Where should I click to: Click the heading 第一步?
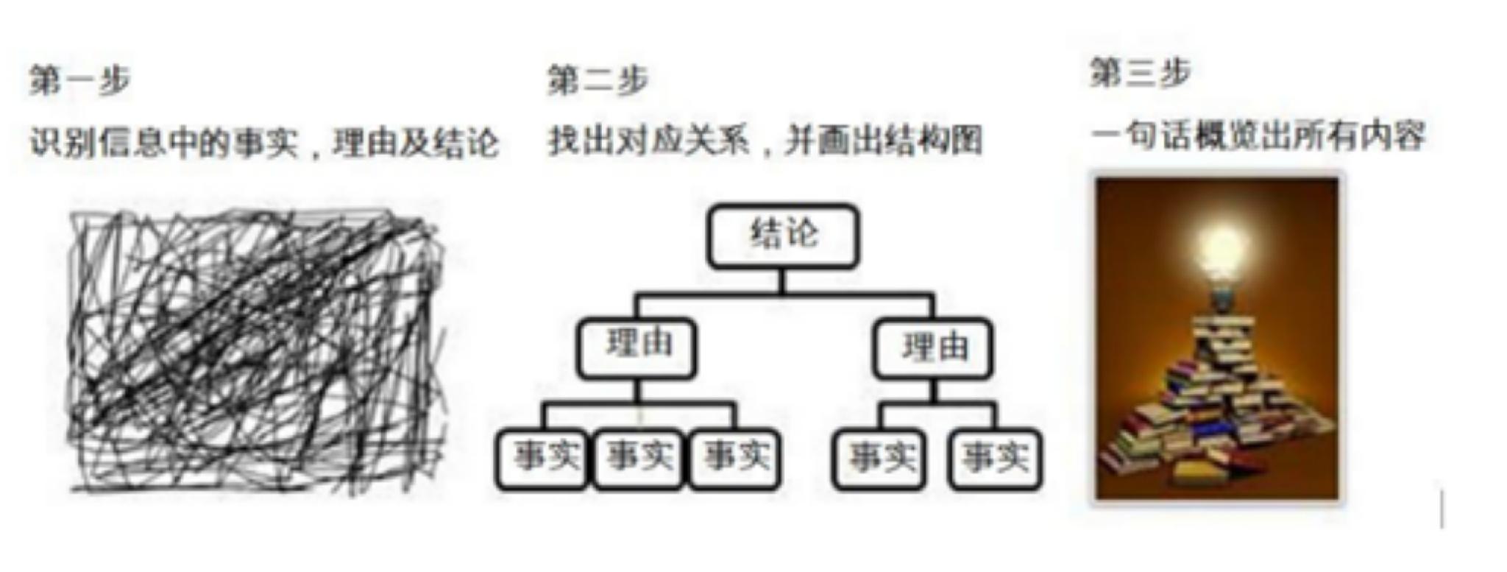(x=79, y=80)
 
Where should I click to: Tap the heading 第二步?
(x=598, y=80)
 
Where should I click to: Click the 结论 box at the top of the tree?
(x=783, y=236)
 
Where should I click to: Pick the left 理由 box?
(x=637, y=348)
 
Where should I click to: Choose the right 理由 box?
(x=933, y=348)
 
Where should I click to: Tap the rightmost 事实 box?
(x=996, y=459)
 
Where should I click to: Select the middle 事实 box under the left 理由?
(x=638, y=459)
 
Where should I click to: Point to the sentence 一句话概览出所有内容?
(x=1258, y=136)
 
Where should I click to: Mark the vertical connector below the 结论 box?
(x=783, y=281)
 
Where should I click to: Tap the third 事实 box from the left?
(x=734, y=459)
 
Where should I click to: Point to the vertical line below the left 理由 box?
(x=637, y=391)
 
